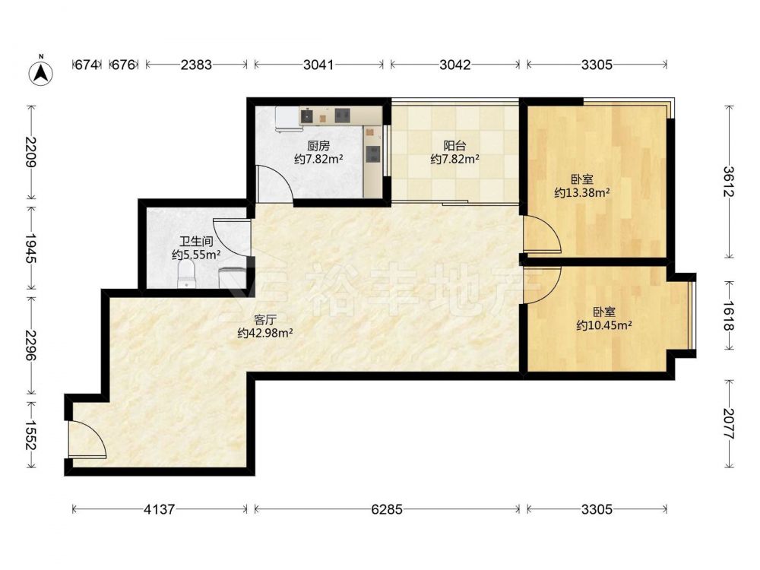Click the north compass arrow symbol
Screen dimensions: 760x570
tap(41, 73)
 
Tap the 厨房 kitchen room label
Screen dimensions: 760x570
tap(318, 145)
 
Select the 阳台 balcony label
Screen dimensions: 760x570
tap(454, 145)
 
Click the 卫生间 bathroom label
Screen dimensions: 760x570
tap(196, 241)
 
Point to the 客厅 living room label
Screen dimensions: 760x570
tap(265, 320)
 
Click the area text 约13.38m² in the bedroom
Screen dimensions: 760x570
tap(581, 193)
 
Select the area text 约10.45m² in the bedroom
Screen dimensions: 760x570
tap(604, 325)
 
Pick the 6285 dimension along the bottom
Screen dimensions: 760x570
tap(387, 509)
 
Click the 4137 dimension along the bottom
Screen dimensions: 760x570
tap(160, 509)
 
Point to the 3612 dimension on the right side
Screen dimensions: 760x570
tap(728, 182)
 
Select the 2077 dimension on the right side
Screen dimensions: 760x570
tap(728, 424)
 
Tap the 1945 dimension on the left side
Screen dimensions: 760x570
tap(30, 249)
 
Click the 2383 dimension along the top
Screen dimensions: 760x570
tap(196, 65)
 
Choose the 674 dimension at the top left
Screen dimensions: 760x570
tap(87, 65)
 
